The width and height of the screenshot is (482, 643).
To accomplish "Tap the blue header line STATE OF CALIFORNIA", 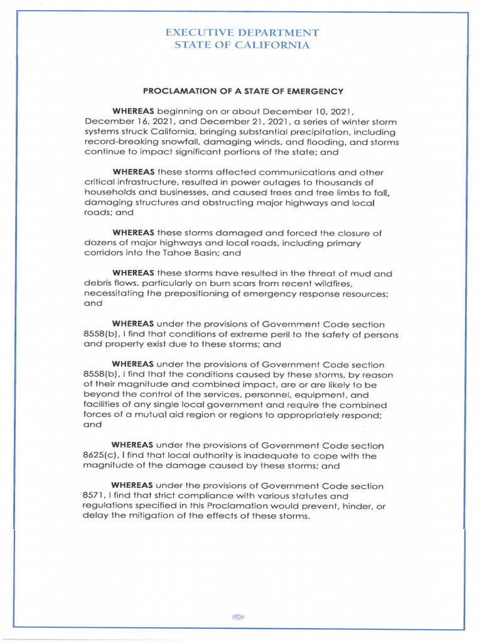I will point(241,45).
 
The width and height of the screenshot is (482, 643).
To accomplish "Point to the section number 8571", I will point(94,496).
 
